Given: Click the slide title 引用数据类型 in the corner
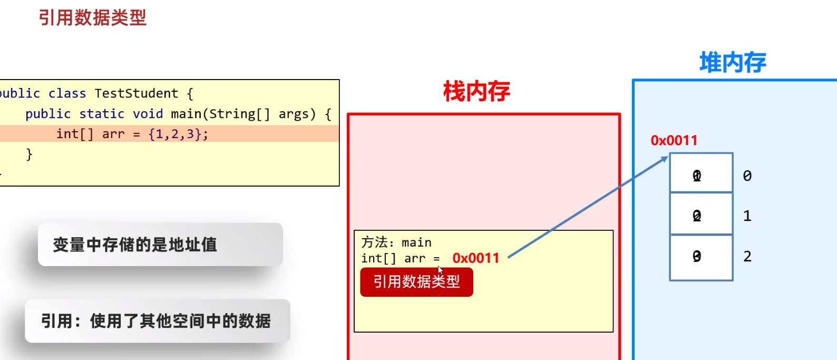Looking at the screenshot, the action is pyautogui.click(x=92, y=18).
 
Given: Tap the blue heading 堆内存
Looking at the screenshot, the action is pyautogui.click(x=733, y=63).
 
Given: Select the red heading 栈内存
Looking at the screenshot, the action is pyautogui.click(x=476, y=92).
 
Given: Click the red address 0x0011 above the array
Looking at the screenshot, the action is pyautogui.click(x=674, y=140).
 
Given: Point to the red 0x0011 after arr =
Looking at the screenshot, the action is pyautogui.click(x=475, y=258).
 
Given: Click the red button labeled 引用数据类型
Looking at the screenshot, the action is pyautogui.click(x=416, y=282).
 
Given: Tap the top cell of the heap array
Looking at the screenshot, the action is pyautogui.click(x=701, y=173).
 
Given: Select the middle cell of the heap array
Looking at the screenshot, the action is pyautogui.click(x=701, y=214).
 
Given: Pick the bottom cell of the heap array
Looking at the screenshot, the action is pyautogui.click(x=701, y=257).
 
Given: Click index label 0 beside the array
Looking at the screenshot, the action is pyautogui.click(x=747, y=176).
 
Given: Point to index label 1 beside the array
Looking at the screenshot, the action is pyautogui.click(x=747, y=216).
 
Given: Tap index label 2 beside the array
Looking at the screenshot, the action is pyautogui.click(x=747, y=257).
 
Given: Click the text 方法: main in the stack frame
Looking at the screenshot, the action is pyautogui.click(x=396, y=242).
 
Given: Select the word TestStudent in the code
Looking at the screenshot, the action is pyautogui.click(x=137, y=94).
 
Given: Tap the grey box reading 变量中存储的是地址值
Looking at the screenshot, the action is pyautogui.click(x=160, y=245).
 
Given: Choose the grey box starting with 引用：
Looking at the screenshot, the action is pyautogui.click(x=157, y=321).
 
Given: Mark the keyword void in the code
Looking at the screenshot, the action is pyautogui.click(x=148, y=114).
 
